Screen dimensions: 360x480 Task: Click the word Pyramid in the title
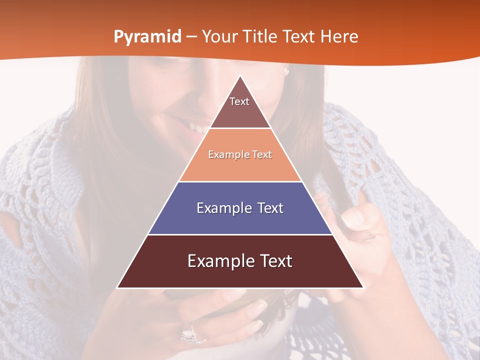click(x=147, y=37)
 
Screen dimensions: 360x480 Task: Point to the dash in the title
click(x=191, y=37)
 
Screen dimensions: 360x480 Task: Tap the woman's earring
click(x=287, y=71)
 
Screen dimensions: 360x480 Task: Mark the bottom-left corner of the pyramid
click(x=117, y=287)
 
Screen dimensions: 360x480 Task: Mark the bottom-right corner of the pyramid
click(x=363, y=287)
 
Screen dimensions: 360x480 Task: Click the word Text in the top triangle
click(x=239, y=101)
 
